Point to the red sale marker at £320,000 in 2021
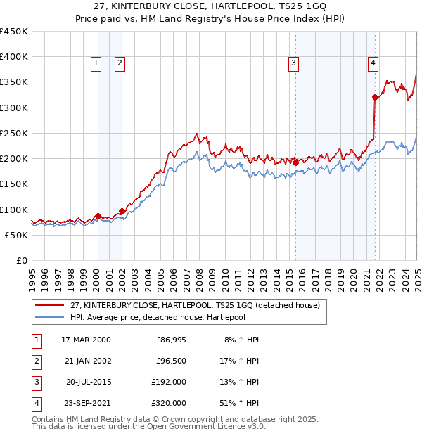tap(375, 98)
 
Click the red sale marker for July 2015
tap(295, 162)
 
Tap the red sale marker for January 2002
tap(122, 211)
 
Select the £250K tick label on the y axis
tap(14, 133)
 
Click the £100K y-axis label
tap(14, 210)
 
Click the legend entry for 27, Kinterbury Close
tap(195, 305)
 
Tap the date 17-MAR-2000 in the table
tap(86, 340)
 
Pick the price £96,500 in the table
tap(171, 361)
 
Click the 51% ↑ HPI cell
tap(240, 404)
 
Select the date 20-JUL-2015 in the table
tap(88, 383)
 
